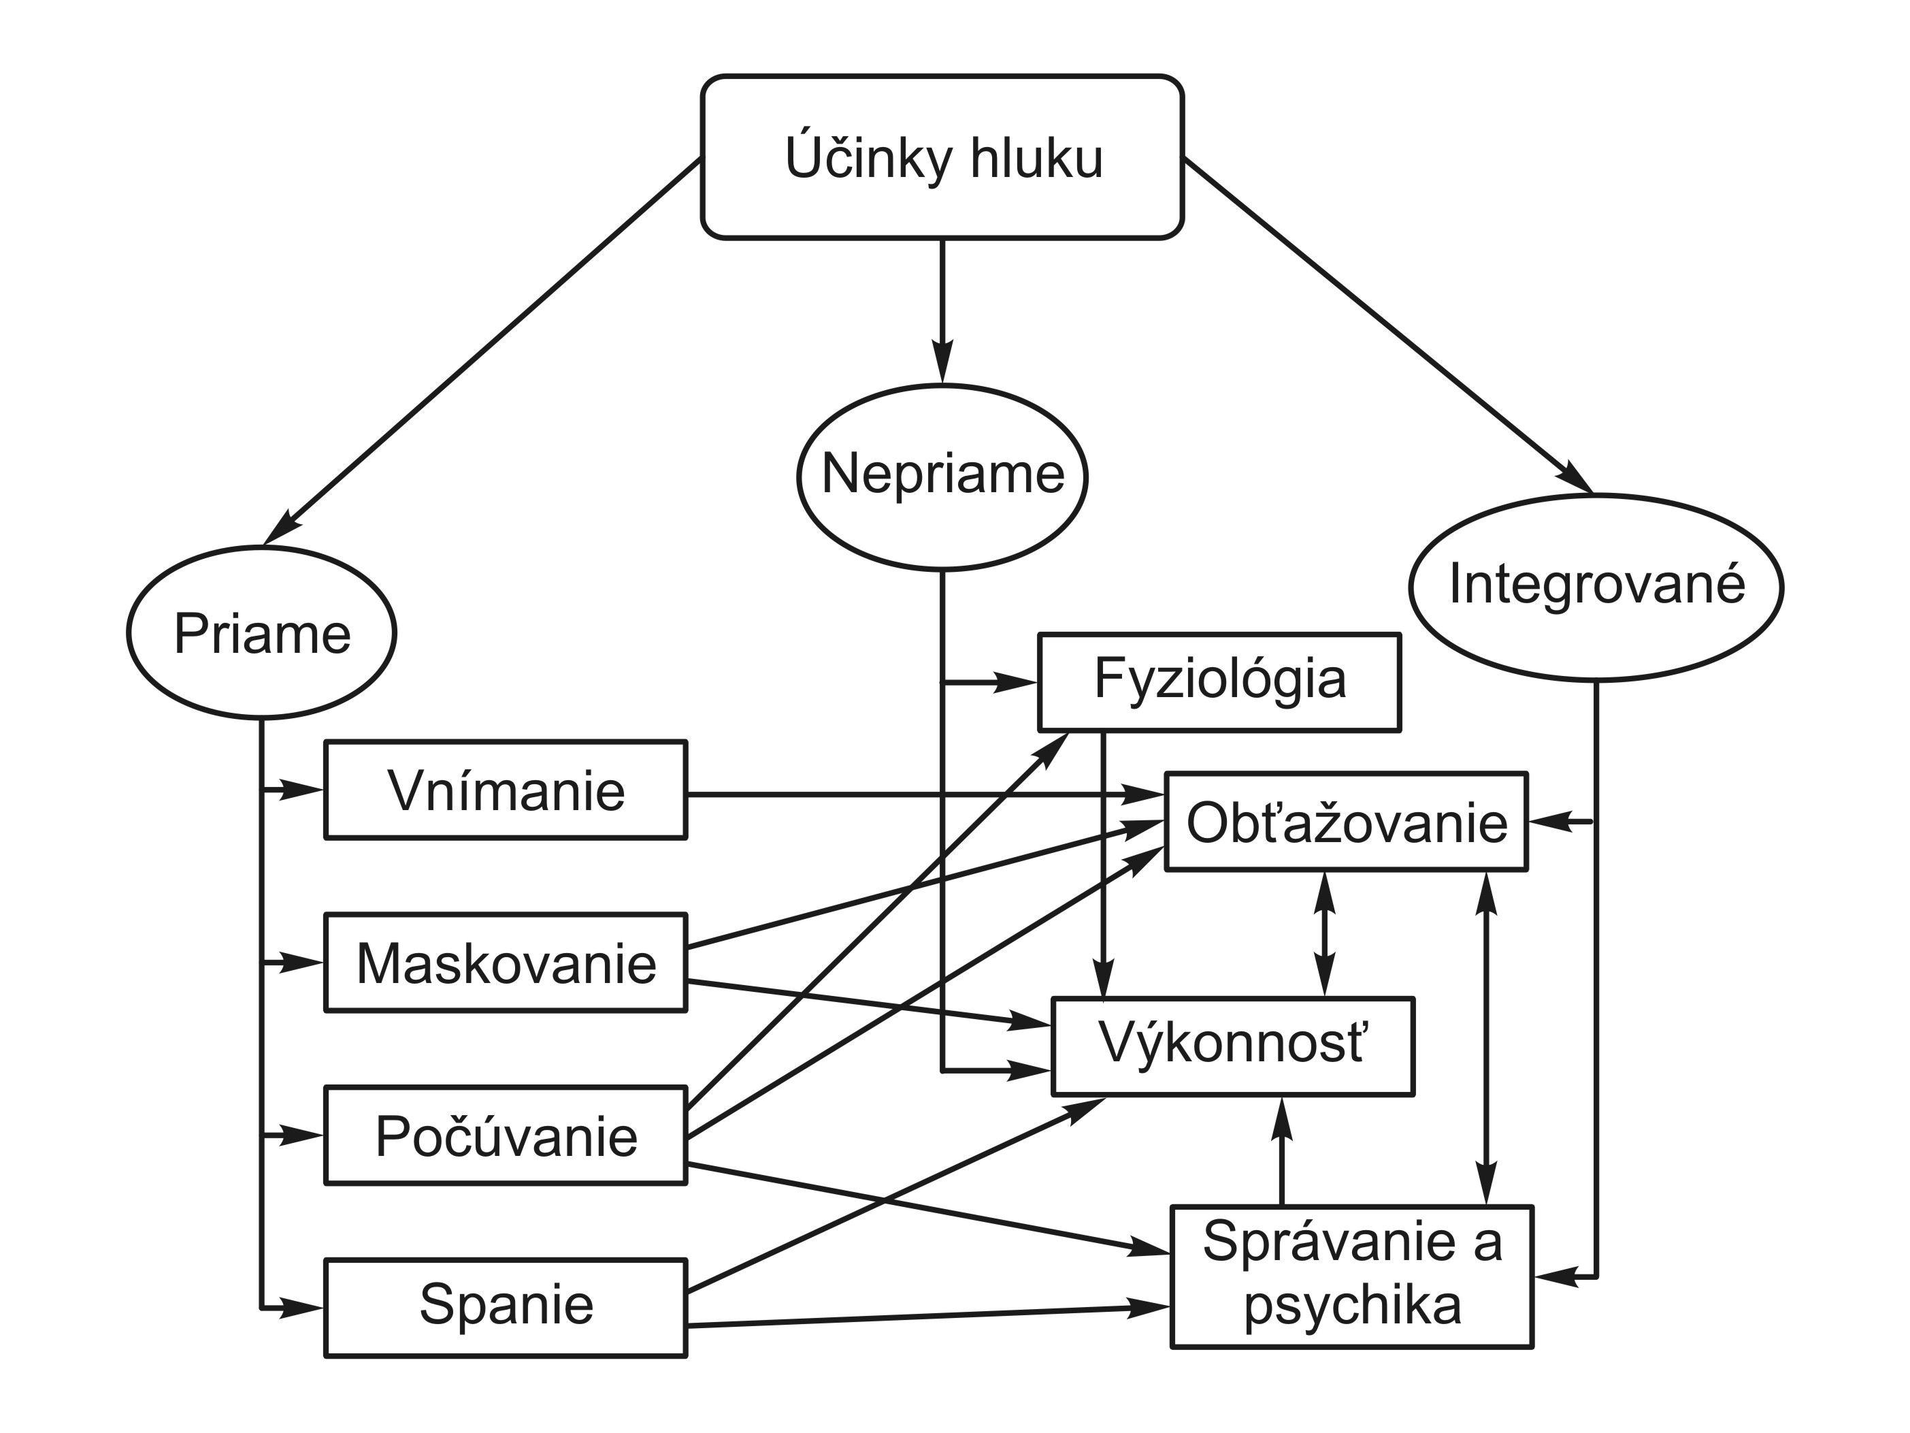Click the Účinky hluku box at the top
point(942,157)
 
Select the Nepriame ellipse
point(942,476)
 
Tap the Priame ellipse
point(262,632)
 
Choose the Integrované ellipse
point(1596,587)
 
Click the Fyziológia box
point(1219,681)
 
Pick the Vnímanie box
point(505,790)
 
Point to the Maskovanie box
point(505,962)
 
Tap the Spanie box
point(505,1308)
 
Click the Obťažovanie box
point(1346,822)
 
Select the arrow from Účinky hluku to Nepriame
point(942,311)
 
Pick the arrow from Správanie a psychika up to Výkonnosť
point(1282,1153)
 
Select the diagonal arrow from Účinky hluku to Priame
point(484,350)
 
